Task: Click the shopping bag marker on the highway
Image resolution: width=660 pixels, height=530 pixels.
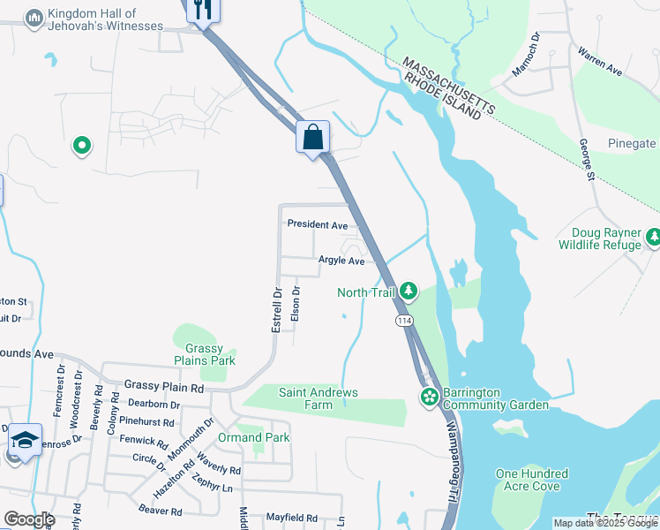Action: pos(312,138)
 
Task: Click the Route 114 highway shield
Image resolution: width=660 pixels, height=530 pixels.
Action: pos(404,320)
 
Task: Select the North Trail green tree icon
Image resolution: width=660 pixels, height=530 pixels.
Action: pos(408,290)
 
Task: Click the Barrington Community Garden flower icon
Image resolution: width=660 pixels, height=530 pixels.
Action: pos(430,397)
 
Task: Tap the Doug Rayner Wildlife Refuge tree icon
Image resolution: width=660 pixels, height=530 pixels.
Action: pos(654,237)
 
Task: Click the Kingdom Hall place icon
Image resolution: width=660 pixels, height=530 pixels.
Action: pos(34,19)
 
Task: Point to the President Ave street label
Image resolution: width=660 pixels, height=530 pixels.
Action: pos(318,225)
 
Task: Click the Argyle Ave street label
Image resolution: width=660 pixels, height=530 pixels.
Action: pos(341,261)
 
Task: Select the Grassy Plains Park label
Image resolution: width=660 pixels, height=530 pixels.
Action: pos(204,354)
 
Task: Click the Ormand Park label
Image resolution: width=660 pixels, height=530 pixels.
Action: pos(253,437)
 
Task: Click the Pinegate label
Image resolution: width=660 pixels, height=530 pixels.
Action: pos(632,143)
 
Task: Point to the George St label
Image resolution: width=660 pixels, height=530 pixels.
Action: pos(584,160)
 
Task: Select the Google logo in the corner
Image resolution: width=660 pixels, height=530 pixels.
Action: pos(29,519)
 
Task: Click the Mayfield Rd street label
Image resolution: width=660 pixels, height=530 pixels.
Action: pos(292,517)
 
